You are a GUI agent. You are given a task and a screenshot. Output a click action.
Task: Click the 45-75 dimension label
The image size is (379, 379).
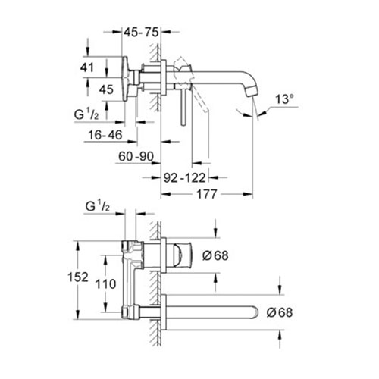coord(141,33)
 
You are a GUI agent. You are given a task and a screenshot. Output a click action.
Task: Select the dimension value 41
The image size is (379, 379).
coord(87,67)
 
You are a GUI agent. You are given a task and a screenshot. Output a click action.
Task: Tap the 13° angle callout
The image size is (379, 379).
coord(284,99)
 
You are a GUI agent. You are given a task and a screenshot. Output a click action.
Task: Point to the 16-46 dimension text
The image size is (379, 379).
coord(105,135)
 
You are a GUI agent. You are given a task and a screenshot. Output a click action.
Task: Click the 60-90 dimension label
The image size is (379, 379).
coord(136,156)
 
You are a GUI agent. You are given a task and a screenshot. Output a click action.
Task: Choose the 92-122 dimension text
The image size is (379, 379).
coord(184,178)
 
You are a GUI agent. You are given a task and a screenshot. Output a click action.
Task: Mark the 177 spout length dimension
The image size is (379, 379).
coord(207,194)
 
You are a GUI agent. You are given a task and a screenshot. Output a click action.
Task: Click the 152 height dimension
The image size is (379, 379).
coord(78,277)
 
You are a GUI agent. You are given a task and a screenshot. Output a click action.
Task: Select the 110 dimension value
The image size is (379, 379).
coord(105,284)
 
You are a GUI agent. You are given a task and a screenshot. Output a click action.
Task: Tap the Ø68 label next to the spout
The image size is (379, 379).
coord(280,312)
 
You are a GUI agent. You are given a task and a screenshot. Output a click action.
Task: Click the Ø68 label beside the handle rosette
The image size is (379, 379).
coord(215,255)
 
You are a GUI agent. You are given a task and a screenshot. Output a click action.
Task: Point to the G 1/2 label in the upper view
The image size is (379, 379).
coord(86,114)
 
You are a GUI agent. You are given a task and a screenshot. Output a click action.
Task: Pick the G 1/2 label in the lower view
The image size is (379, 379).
coord(98,206)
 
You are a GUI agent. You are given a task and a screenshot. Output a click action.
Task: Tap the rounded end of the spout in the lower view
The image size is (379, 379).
coord(254,312)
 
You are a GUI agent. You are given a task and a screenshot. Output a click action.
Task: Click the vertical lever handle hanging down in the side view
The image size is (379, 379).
coord(183,106)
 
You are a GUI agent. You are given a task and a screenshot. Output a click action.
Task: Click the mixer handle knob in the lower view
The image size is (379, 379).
coord(183,255)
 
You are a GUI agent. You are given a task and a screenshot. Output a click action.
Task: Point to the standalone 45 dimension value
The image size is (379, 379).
coord(106,89)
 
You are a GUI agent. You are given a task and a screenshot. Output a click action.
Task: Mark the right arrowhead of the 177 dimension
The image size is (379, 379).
coord(248,194)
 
